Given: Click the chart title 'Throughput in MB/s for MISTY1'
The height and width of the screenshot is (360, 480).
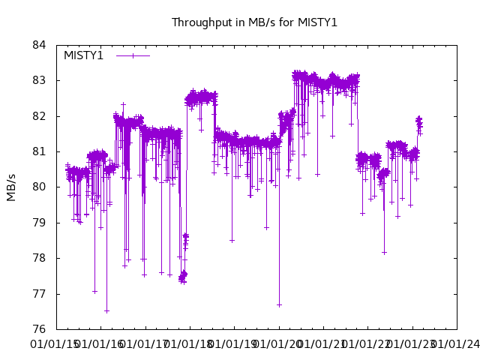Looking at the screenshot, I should [x=254, y=22].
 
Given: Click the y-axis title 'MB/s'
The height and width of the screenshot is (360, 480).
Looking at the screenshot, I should [x=11, y=187].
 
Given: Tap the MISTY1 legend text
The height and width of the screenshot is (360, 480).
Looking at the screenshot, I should [x=83, y=55].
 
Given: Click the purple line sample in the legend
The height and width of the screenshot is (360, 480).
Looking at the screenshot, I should [x=133, y=55].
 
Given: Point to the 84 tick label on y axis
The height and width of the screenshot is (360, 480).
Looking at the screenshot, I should [x=40, y=45].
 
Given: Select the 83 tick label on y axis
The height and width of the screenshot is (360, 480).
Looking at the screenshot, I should [x=40, y=80].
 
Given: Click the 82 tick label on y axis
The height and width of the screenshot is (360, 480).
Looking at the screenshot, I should [x=40, y=116].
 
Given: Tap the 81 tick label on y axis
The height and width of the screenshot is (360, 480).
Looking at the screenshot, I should [x=40, y=151].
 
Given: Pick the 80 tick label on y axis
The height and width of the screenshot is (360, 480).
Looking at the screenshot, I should [x=40, y=187].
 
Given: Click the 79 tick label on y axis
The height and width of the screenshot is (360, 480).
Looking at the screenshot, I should [x=40, y=223].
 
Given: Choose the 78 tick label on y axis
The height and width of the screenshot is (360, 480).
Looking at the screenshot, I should [x=40, y=258].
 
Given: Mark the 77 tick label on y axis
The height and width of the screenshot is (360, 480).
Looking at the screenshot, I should [x=40, y=294].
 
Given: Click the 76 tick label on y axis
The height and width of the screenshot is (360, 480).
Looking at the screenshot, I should [x=40, y=329].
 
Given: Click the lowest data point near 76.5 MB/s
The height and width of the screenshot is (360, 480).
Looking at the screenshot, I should [x=106, y=310].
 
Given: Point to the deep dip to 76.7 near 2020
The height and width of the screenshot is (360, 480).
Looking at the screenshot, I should [x=279, y=304].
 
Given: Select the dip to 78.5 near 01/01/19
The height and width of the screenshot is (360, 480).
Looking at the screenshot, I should [x=232, y=240].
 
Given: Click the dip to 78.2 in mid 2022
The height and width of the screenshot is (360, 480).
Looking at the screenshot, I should [x=384, y=252].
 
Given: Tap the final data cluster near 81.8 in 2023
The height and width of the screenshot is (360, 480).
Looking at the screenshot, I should [x=419, y=124].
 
